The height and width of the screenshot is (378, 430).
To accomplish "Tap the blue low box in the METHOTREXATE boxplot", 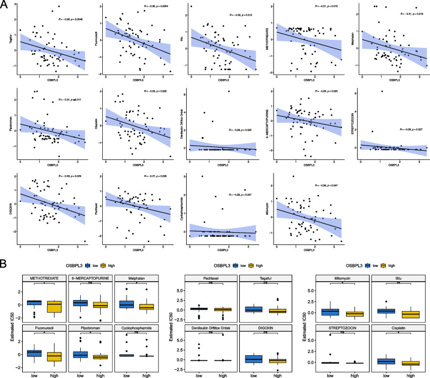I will (x=34, y=303).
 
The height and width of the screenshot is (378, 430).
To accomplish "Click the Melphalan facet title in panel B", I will (x=128, y=279).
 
